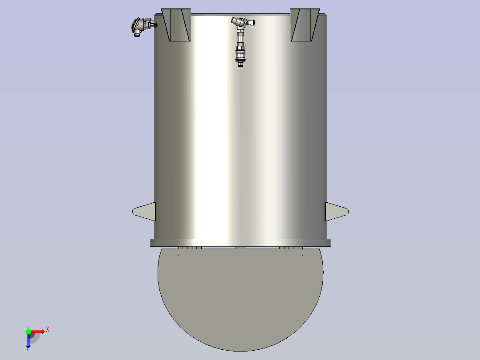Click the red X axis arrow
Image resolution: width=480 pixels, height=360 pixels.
37,331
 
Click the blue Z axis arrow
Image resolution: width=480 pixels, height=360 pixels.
28,341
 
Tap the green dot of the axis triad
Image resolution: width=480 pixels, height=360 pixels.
28,331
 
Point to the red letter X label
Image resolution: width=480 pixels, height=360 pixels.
48,330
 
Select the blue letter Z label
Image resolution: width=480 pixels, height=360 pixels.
28,349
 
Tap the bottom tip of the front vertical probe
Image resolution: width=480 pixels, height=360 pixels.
240,66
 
